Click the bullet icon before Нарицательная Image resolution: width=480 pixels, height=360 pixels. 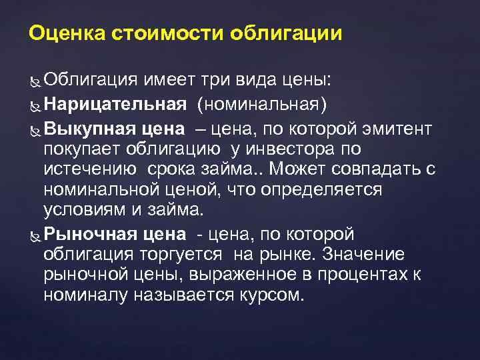click(35, 105)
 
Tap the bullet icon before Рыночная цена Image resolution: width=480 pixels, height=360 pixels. click(35, 235)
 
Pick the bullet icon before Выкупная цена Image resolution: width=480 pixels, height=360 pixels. click(35, 129)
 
